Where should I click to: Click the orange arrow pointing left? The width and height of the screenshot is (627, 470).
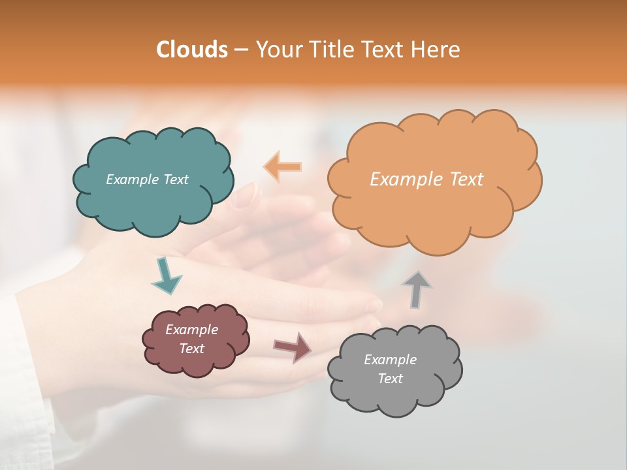283,167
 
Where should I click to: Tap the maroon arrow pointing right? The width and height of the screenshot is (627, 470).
293,347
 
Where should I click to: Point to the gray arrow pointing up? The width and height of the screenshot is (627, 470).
416,289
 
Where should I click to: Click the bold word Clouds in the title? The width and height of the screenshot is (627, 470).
192,50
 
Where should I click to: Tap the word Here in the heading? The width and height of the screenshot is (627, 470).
438,50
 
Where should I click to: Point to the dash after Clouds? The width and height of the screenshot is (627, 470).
241,50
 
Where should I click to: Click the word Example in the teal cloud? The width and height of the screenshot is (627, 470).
131,180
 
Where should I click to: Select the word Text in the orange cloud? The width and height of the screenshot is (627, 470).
462,180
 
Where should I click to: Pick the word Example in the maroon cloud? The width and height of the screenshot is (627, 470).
191,330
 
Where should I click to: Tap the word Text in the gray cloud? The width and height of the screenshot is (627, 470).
390,379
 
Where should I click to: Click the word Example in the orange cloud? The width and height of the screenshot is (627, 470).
401,180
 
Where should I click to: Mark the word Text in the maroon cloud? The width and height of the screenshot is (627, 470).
191,349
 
